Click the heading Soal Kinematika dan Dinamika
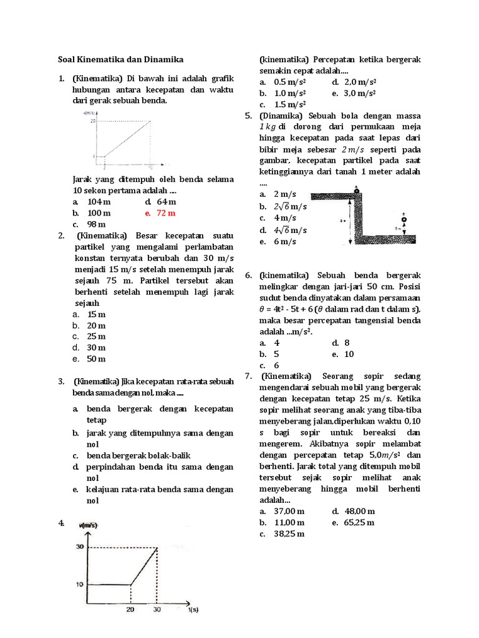point(117,60)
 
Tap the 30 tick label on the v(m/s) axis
point(80,547)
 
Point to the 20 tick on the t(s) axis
point(130,611)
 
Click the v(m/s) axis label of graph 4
point(88,526)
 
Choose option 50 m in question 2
point(96,359)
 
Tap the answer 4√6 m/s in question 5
point(290,230)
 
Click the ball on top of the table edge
point(355,190)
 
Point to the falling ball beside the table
point(404,219)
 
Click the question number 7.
point(248,376)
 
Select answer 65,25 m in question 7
point(359,523)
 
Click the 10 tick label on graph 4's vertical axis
point(80,584)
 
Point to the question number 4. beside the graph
point(61,523)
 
